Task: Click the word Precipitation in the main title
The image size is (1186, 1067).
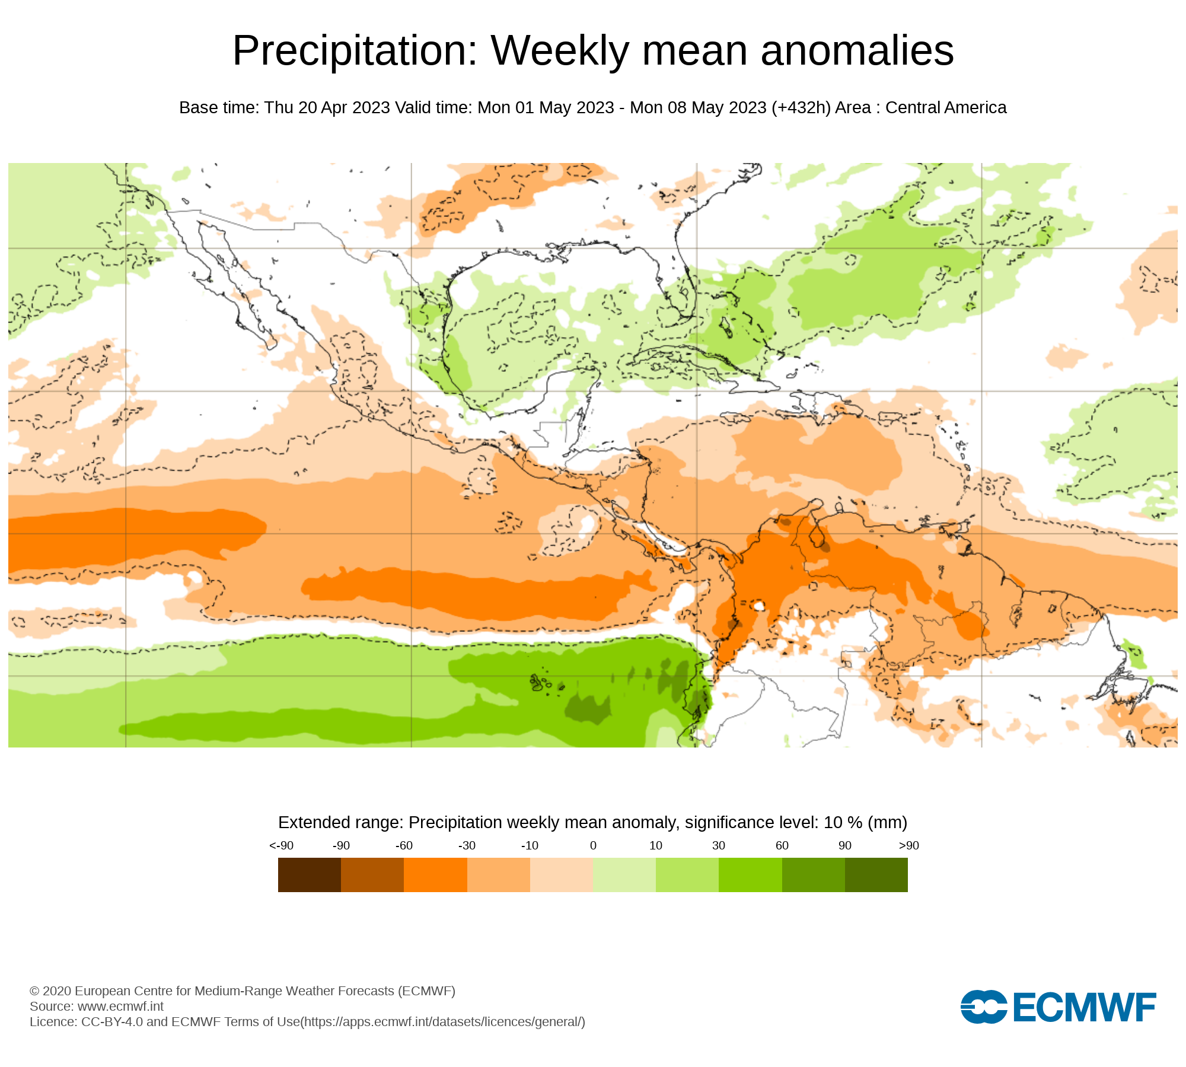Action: (x=355, y=51)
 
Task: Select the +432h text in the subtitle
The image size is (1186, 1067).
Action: (x=801, y=108)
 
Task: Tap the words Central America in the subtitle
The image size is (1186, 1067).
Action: (x=946, y=108)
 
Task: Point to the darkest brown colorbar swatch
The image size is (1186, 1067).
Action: (x=309, y=874)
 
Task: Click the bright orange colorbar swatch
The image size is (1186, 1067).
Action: (x=435, y=874)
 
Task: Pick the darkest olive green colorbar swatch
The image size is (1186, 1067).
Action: (x=876, y=874)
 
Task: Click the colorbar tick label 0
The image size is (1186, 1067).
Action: (x=593, y=846)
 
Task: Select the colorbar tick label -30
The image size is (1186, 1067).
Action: (x=467, y=846)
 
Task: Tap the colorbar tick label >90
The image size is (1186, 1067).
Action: (x=908, y=846)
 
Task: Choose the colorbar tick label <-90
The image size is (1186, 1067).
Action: (x=281, y=846)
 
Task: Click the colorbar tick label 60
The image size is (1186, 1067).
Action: (x=782, y=846)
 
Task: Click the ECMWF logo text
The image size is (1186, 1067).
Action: (x=1084, y=1007)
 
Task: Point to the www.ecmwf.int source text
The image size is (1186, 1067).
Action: (x=120, y=1007)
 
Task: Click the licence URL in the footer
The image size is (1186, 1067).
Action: (x=443, y=1022)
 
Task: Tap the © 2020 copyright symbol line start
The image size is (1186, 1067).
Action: (x=34, y=991)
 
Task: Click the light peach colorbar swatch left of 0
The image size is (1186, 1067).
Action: (x=561, y=874)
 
